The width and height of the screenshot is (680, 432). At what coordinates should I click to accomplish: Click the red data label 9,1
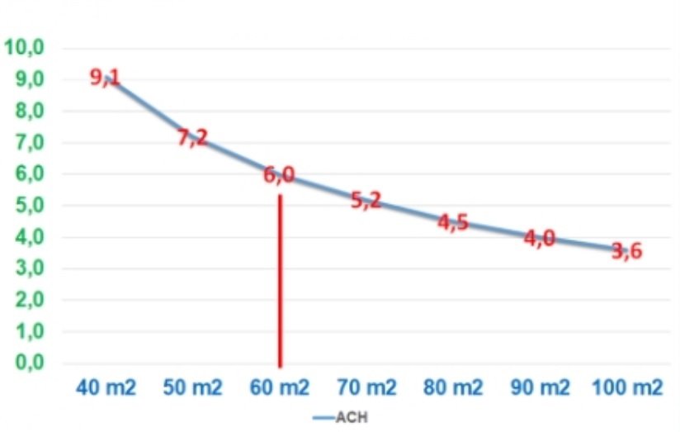pos(105,78)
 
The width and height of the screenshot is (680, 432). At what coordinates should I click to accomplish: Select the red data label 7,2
pos(192,138)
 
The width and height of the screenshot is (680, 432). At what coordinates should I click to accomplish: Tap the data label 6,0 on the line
pos(279,176)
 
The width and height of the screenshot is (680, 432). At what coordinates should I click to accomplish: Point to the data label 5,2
pos(366,200)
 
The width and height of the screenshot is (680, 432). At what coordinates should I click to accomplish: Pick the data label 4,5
pos(453,223)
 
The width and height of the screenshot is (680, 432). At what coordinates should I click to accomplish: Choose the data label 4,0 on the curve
pos(541,239)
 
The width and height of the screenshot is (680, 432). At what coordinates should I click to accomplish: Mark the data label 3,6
pos(627,251)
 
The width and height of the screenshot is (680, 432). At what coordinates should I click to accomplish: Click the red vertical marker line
pos(280,281)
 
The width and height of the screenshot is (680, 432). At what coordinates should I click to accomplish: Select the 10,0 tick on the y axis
pos(24,47)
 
